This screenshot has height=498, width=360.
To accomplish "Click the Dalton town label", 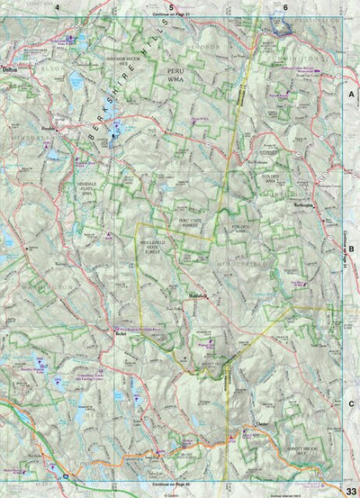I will (x=10, y=68).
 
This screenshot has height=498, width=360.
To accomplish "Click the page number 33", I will (x=350, y=488).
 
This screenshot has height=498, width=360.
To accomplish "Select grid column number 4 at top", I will (x=56, y=5).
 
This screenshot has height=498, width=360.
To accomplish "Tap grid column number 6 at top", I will (x=284, y=5).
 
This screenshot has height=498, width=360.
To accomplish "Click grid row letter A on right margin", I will (x=352, y=93).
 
